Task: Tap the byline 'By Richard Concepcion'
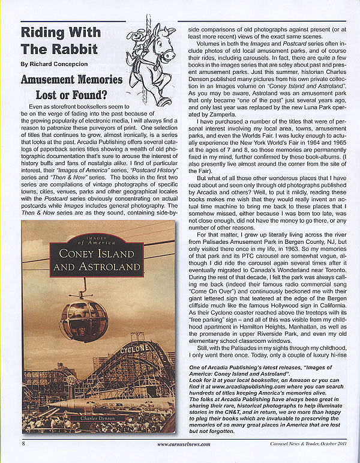tap(54, 63)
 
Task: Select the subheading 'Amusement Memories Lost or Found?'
tap(71, 87)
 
